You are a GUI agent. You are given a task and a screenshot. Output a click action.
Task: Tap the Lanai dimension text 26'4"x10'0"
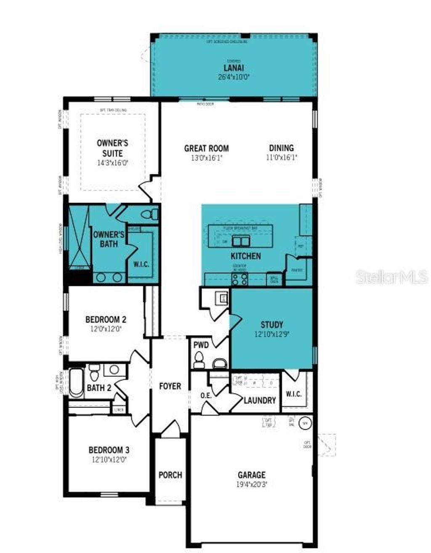point(234,77)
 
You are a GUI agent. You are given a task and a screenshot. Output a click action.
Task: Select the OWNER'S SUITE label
point(112,148)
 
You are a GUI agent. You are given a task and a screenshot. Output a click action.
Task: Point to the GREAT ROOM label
point(207,148)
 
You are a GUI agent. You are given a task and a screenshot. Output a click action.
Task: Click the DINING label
point(282,148)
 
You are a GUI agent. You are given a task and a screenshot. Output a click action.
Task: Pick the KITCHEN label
point(245,256)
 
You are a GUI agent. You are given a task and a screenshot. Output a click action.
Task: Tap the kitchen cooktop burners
point(240,279)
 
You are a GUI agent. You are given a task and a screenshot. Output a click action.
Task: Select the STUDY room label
point(272,325)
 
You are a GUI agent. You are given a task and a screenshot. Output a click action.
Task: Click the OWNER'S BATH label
point(109,239)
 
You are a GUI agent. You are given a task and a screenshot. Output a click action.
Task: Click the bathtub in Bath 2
point(76,383)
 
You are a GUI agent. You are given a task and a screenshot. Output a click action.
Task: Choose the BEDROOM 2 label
point(106,319)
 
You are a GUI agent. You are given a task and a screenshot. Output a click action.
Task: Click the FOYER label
point(170,386)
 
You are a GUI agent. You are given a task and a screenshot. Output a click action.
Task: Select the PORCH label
point(170,475)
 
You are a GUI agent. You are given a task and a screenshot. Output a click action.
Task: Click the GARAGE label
point(252,475)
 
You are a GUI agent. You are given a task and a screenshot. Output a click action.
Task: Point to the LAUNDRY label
point(260,400)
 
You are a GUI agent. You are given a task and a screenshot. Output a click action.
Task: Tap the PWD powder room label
point(201,345)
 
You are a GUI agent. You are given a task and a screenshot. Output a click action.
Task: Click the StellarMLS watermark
point(392,277)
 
